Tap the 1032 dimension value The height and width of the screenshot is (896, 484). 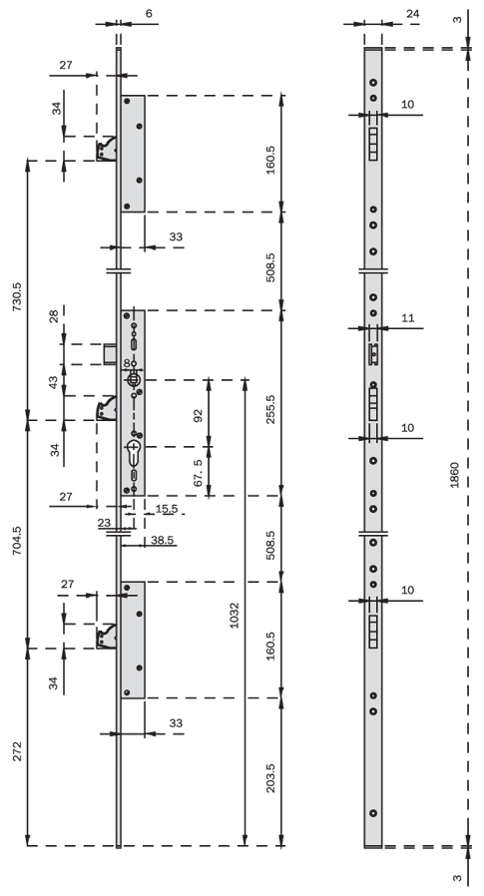[234, 617]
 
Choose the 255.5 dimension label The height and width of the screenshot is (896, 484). [270, 409]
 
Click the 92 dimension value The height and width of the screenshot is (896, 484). [199, 415]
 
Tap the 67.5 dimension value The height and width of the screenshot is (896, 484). [199, 472]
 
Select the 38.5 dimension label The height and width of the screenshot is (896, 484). [163, 540]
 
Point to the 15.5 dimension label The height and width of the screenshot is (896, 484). [167, 508]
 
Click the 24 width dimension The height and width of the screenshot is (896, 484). [412, 14]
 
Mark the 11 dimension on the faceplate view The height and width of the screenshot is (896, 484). [407, 317]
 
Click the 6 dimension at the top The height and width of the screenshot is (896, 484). [149, 13]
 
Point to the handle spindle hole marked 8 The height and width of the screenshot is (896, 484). [133, 379]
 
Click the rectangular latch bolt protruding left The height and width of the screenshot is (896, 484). [110, 353]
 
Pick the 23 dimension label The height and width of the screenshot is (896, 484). [104, 522]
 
